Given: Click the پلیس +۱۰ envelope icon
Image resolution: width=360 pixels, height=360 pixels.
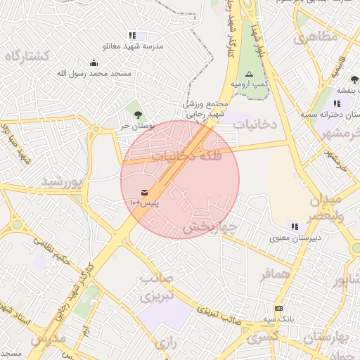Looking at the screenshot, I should (144, 192).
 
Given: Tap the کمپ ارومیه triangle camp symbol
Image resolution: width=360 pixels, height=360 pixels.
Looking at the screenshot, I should (248, 74).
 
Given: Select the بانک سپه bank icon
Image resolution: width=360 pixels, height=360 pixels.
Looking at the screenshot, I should (279, 308).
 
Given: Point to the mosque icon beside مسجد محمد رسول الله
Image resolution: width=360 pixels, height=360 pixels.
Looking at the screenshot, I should (94, 63).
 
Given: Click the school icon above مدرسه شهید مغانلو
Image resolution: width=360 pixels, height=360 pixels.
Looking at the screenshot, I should (132, 35).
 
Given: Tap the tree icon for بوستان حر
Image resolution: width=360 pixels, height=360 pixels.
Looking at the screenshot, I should (137, 114).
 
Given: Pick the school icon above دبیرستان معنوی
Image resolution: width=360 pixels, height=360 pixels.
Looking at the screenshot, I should (294, 226).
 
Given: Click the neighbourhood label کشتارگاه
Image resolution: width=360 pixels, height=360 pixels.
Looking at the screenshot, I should (26, 56).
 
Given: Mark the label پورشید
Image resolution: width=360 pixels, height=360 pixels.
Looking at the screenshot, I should (62, 181).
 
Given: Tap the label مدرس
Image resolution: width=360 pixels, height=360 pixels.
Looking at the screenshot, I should (49, 339).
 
